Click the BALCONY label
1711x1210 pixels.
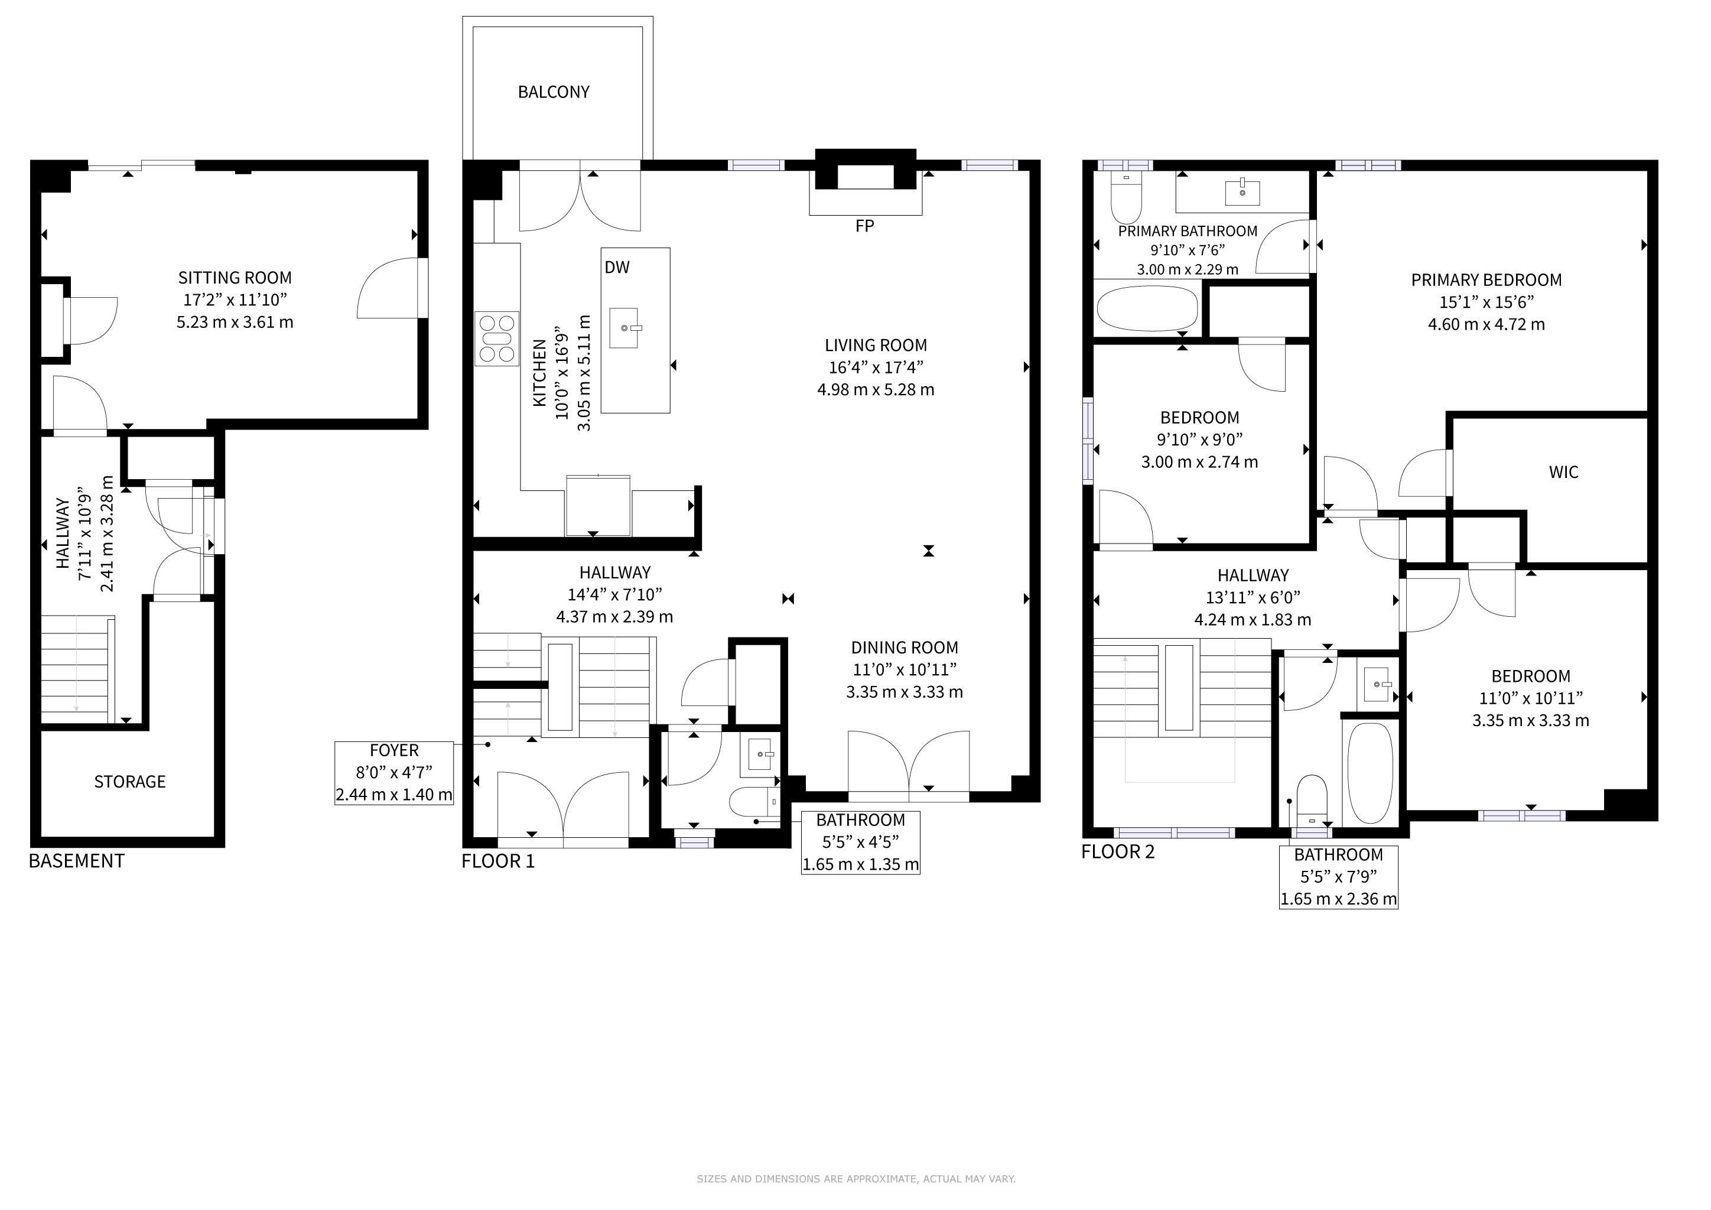click(x=554, y=92)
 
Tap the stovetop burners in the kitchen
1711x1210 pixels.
click(x=497, y=339)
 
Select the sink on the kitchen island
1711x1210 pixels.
click(x=624, y=328)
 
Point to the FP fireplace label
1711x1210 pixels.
click(x=864, y=226)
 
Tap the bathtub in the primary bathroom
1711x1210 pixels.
click(x=1147, y=308)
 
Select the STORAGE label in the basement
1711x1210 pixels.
click(x=129, y=782)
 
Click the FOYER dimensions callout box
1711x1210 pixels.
click(x=394, y=773)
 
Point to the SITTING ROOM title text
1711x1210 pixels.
click(x=235, y=278)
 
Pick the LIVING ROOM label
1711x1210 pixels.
click(x=876, y=346)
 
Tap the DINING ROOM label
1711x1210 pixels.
click(x=905, y=648)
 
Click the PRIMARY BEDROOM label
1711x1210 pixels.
click(x=1486, y=280)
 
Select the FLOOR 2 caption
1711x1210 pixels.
click(x=1118, y=851)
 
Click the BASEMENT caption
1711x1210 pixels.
click(x=76, y=861)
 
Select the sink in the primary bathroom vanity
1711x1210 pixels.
click(x=1243, y=191)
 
